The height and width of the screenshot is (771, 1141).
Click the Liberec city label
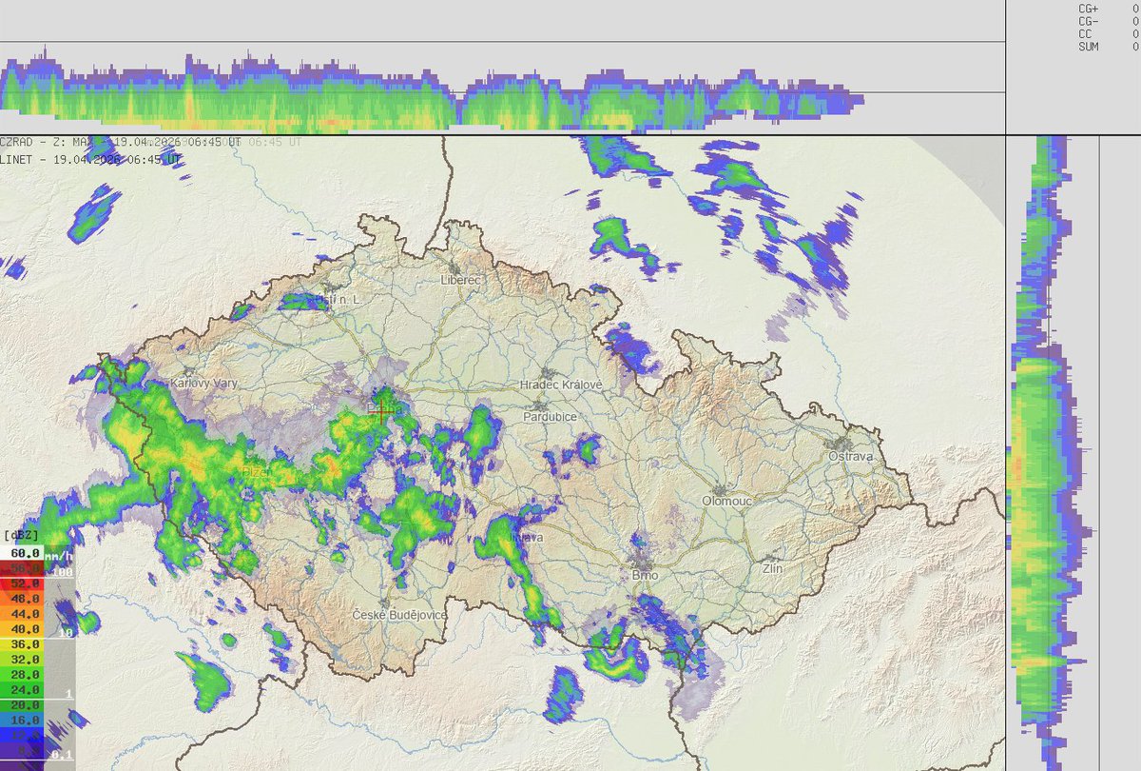pyautogui.click(x=463, y=280)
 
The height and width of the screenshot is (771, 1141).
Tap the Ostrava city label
pyautogui.click(x=850, y=457)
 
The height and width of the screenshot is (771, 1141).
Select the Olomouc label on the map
pyautogui.click(x=726, y=500)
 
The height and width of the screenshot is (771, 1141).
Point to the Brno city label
pyautogui.click(x=645, y=575)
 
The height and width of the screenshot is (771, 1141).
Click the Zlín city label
pyautogui.click(x=772, y=567)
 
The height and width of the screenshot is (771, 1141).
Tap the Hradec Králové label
pyautogui.click(x=561, y=385)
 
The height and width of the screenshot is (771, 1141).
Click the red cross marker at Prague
pyautogui.click(x=382, y=413)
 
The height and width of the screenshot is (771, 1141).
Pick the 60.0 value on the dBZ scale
pyautogui.click(x=26, y=553)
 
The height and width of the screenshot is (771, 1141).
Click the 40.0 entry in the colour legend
pyautogui.click(x=26, y=629)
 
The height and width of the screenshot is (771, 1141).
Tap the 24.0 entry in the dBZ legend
pyautogui.click(x=26, y=690)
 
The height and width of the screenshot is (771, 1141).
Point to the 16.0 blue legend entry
pyautogui.click(x=26, y=721)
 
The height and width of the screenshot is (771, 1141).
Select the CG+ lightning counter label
pyautogui.click(x=1088, y=8)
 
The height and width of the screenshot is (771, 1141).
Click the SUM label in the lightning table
pyautogui.click(x=1088, y=46)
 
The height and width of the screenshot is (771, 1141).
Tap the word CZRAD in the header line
pyautogui.click(x=20, y=142)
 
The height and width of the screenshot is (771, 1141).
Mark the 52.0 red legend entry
pyautogui.click(x=26, y=583)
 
